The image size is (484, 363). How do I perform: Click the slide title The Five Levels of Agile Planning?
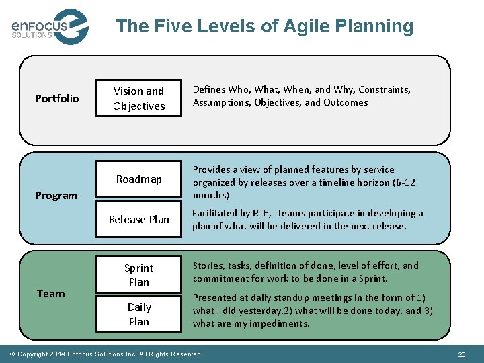(264, 26)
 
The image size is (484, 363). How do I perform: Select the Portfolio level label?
(56, 99)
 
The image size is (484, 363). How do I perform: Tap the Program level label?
(56, 196)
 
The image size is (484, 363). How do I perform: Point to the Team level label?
(51, 293)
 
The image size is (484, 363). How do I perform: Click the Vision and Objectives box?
(138, 98)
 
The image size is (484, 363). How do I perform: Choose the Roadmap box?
(138, 179)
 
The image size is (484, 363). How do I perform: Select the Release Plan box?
(138, 219)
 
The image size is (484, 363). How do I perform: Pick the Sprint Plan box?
(138, 275)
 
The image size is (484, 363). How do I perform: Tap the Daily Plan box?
(138, 314)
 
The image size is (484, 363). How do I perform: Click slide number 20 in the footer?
(461, 354)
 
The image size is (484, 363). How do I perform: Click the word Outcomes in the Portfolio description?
(346, 103)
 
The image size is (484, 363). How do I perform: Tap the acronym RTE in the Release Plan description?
(261, 213)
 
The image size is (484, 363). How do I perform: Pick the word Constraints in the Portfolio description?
(385, 89)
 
